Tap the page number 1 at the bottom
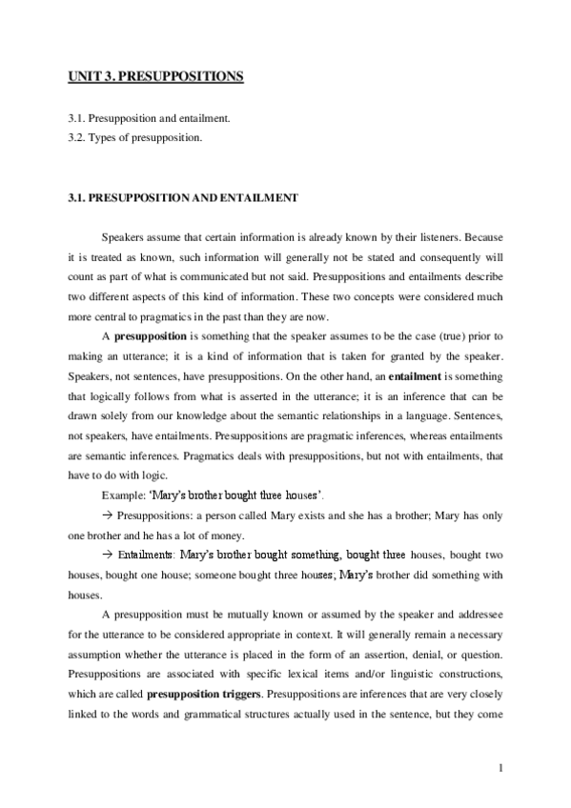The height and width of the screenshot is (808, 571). point(500,768)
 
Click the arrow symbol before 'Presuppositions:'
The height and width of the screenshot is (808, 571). point(107,515)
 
